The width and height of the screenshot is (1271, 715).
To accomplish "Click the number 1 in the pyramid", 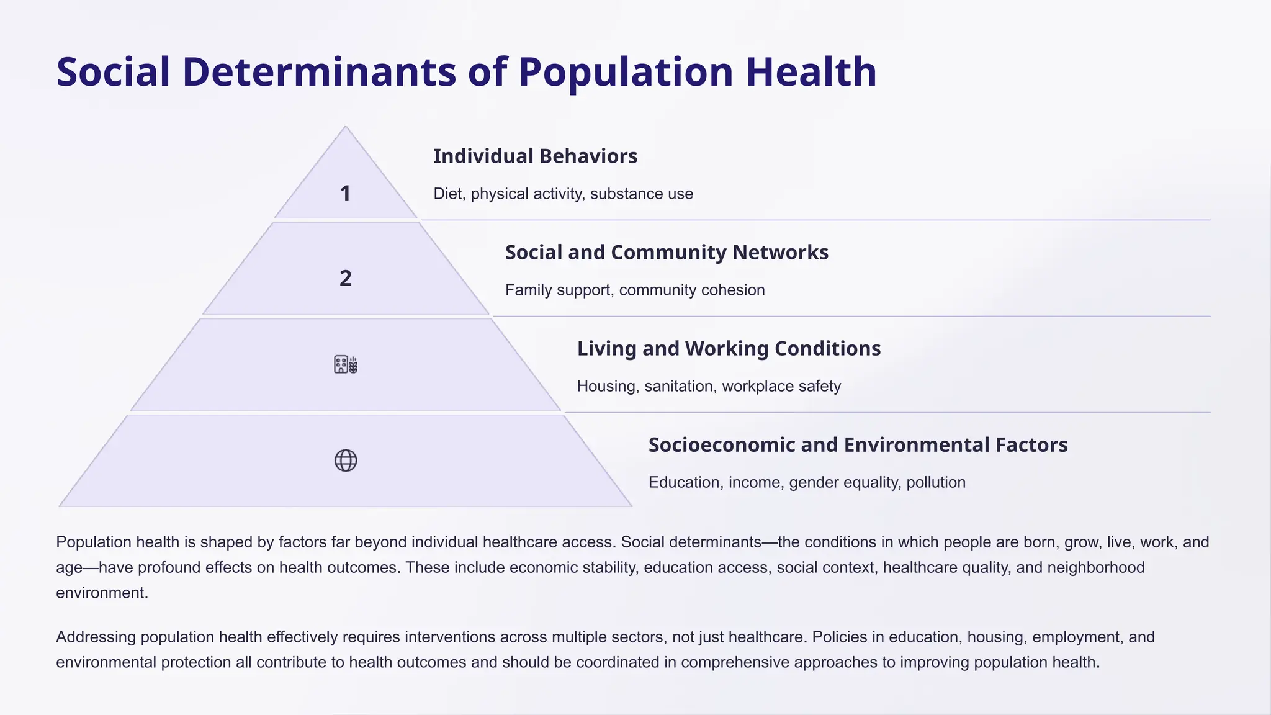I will [346, 194].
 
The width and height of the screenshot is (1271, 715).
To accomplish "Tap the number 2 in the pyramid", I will [346, 279].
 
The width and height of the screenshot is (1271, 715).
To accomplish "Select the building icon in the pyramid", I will [346, 364].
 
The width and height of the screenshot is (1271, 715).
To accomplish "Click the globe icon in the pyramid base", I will [346, 461].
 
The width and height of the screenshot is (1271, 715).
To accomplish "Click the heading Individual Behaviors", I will [535, 156].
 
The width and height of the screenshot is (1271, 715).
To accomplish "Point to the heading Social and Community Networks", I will [667, 253].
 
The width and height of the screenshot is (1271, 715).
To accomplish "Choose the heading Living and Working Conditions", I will [729, 349].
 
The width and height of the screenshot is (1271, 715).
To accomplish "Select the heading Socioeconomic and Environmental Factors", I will [858, 445].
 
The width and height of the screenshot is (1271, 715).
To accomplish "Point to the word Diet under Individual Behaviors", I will [447, 194].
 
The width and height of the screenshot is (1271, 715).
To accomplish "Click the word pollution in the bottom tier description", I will [935, 483].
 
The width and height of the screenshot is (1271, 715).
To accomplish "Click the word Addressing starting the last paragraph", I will [96, 637].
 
